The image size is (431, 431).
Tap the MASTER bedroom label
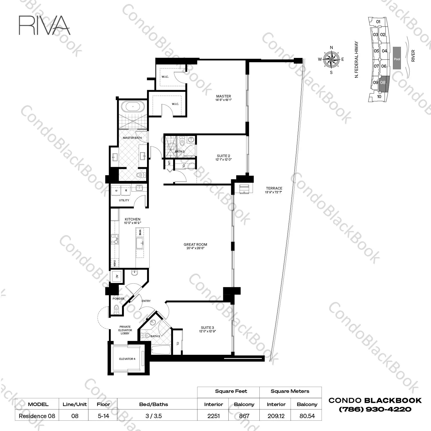coord(224,96)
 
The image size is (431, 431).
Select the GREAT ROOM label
coord(195,245)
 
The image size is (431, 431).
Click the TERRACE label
coord(274,188)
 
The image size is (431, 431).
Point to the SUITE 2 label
coord(223,156)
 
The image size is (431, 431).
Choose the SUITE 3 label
coord(207,327)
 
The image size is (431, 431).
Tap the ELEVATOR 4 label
coord(127,359)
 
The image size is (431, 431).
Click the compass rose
coord(331,59)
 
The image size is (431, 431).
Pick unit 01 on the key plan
coord(378,22)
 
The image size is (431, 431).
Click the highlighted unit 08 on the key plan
coord(383,82)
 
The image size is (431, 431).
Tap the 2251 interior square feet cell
coord(213,416)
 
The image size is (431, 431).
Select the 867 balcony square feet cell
coord(244,416)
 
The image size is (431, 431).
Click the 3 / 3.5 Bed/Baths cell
coord(153,416)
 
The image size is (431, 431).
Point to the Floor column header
coord(103,404)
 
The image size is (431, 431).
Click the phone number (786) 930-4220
coord(375,409)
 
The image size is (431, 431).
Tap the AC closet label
coord(117,276)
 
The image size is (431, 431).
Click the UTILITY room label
coord(124,200)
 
